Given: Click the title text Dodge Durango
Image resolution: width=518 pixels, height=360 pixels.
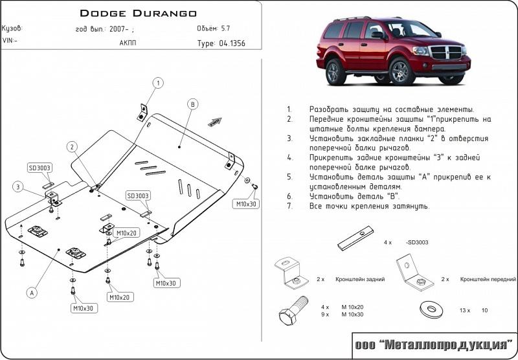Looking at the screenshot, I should pyautogui.click(x=138, y=12).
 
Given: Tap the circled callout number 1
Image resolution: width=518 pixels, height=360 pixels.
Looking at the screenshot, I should pyautogui.click(x=157, y=82).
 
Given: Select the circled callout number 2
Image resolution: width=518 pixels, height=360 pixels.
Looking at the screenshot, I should pyautogui.click(x=73, y=146).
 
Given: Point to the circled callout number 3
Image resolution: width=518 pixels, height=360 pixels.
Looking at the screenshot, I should pyautogui.click(x=17, y=187).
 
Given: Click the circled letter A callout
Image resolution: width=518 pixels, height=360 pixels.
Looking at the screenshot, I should pyautogui.click(x=30, y=293).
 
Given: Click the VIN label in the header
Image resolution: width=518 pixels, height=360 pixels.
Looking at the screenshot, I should pyautogui.click(x=10, y=40).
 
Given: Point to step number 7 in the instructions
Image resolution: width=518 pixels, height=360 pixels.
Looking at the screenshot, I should pyautogui.click(x=289, y=206).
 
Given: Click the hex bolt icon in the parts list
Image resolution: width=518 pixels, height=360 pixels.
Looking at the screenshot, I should pyautogui.click(x=293, y=313).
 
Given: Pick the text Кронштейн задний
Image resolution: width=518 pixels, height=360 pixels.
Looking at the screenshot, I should pyautogui.click(x=361, y=279).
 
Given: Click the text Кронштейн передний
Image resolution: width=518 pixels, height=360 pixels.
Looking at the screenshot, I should pyautogui.click(x=488, y=279).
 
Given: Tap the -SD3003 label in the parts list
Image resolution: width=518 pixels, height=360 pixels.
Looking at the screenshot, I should pyautogui.click(x=418, y=242).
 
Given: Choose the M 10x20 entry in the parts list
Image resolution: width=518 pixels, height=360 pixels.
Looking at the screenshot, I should pyautogui.click(x=352, y=306).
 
